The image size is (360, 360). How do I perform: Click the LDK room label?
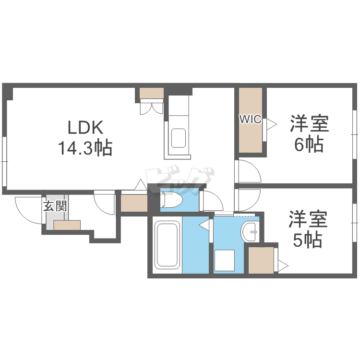click(x=85, y=127)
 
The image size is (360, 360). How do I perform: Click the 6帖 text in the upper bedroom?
click(x=309, y=144)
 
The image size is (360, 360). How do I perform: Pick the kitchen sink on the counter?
click(x=179, y=139)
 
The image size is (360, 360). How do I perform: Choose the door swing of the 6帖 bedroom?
click(x=249, y=171)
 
